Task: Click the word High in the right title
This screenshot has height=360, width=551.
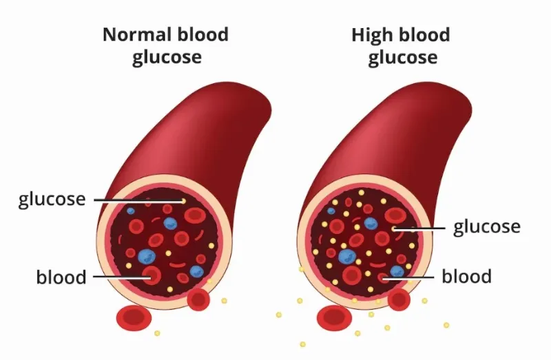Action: pos(373,36)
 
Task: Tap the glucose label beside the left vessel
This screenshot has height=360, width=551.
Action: pos(52,200)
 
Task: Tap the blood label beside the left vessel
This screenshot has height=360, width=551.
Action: pos(61,277)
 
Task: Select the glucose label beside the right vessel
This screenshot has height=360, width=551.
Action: pos(487,227)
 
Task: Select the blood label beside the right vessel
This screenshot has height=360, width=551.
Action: pos(466,276)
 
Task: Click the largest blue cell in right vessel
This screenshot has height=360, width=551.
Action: pos(348,257)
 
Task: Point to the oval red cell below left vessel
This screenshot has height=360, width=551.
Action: pos(134,318)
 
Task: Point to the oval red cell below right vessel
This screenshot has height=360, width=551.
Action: pos(334,318)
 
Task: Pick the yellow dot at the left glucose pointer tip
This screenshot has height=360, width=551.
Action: pos(183,201)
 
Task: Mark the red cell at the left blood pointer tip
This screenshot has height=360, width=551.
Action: pos(152,275)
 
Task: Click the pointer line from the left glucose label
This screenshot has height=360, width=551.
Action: pos(138,200)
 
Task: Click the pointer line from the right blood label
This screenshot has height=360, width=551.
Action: pos(408,278)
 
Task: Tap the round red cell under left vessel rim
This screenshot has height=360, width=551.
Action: pos(198,299)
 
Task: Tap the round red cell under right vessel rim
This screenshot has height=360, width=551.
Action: pos(399,299)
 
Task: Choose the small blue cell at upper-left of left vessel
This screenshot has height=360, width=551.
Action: pos(131,211)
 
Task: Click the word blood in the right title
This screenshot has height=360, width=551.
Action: pos(425,34)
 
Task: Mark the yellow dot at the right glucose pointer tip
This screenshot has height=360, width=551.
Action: pos(393,229)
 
